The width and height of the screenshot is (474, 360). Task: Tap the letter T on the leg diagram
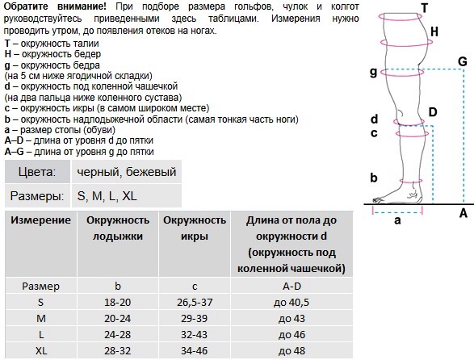pyautogui.click(x=424, y=8)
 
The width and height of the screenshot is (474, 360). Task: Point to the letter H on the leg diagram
pyautogui.click(x=434, y=31)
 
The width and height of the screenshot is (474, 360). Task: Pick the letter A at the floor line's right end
pyautogui.click(x=463, y=213)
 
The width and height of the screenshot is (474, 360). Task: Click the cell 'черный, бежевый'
pyautogui.click(x=126, y=172)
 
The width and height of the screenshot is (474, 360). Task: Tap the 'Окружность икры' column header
pyautogui.click(x=194, y=228)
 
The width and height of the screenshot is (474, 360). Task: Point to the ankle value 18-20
pyautogui.click(x=118, y=301)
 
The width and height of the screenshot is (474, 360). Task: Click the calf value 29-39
pyautogui.click(x=194, y=317)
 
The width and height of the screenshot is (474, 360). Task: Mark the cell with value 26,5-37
pyautogui.click(x=194, y=301)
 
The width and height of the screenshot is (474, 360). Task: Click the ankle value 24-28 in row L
pyautogui.click(x=118, y=333)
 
